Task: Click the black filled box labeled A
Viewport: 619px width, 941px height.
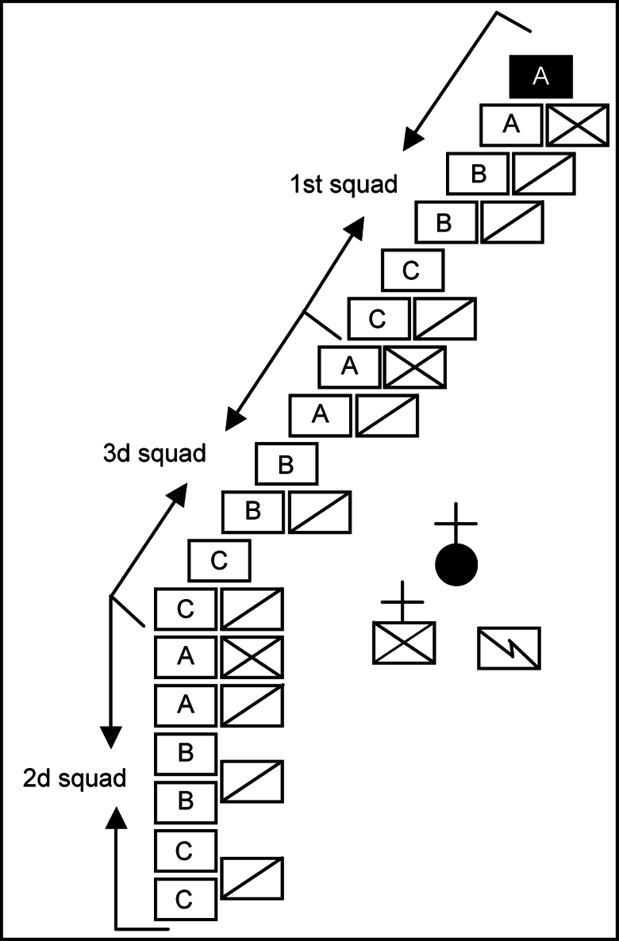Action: click(x=540, y=77)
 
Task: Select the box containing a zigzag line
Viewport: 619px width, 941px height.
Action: click(x=509, y=647)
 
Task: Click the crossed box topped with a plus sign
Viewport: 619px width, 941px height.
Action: click(x=404, y=643)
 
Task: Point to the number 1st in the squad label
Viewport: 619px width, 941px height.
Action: click(x=305, y=185)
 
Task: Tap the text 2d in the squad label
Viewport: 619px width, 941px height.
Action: click(x=37, y=778)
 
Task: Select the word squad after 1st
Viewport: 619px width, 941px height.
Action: click(x=364, y=185)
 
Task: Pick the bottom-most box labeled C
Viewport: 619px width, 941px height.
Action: click(x=184, y=899)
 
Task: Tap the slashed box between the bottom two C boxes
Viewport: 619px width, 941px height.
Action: click(x=252, y=878)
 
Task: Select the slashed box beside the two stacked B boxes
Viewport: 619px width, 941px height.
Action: click(x=252, y=782)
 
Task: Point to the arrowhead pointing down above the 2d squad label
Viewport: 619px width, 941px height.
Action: click(x=110, y=736)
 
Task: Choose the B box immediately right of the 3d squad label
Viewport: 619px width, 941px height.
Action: click(x=286, y=465)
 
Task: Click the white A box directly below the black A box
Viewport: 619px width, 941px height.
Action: click(x=511, y=125)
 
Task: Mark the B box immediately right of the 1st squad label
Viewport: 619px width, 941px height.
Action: click(x=478, y=174)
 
